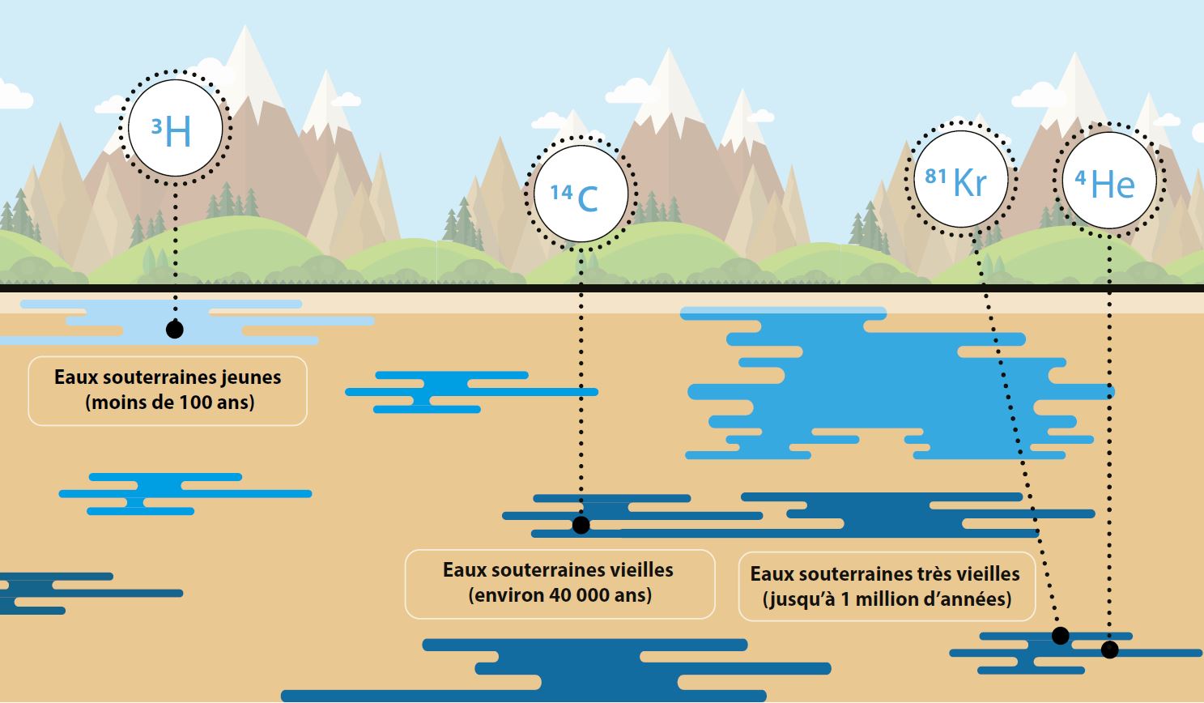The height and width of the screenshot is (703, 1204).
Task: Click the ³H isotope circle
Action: (175, 129)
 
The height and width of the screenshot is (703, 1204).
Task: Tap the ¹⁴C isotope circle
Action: (580, 194)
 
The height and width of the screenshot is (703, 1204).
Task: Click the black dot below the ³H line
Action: (174, 329)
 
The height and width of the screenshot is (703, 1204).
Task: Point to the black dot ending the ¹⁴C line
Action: (581, 525)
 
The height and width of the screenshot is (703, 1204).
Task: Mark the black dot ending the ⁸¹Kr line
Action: (1060, 636)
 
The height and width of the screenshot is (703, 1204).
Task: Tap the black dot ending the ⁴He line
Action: (1109, 649)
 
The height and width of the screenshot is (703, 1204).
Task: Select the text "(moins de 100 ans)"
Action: (169, 402)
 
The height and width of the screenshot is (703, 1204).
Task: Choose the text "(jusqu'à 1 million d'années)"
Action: (887, 599)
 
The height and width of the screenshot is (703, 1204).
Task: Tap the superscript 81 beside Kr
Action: (936, 175)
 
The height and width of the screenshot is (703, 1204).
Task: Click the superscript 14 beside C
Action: (561, 192)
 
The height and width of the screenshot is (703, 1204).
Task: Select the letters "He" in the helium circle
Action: (1113, 185)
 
